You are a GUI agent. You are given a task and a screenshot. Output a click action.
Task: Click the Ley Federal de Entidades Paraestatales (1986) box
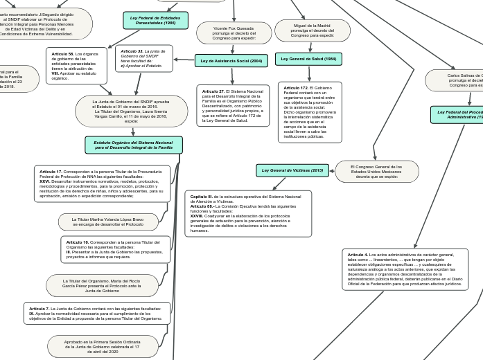tap(155, 21)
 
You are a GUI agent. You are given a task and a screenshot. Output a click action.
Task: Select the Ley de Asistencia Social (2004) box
tap(231, 61)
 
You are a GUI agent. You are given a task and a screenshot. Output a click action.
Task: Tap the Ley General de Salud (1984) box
tap(308, 59)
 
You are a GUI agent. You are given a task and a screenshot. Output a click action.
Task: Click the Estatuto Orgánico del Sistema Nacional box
tap(134, 145)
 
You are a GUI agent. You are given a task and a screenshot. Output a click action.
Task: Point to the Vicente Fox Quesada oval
tap(234, 33)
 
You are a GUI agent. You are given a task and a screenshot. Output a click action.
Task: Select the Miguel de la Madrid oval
tap(312, 30)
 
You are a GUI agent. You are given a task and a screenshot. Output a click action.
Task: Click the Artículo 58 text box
tap(76, 66)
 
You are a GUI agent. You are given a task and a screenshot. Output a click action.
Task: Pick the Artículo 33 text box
tap(143, 58)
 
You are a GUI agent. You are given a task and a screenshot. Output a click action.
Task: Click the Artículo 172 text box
tap(310, 112)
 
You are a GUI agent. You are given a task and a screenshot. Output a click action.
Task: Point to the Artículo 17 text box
tap(102, 183)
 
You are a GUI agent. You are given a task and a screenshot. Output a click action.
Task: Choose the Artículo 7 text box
tap(96, 314)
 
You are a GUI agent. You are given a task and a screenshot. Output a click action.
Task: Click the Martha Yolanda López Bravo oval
tap(108, 222)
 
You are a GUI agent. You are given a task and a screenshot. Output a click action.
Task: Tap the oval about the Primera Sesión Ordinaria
tap(102, 346)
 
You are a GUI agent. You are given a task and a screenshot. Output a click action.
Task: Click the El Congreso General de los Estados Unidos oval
tap(376, 171)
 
